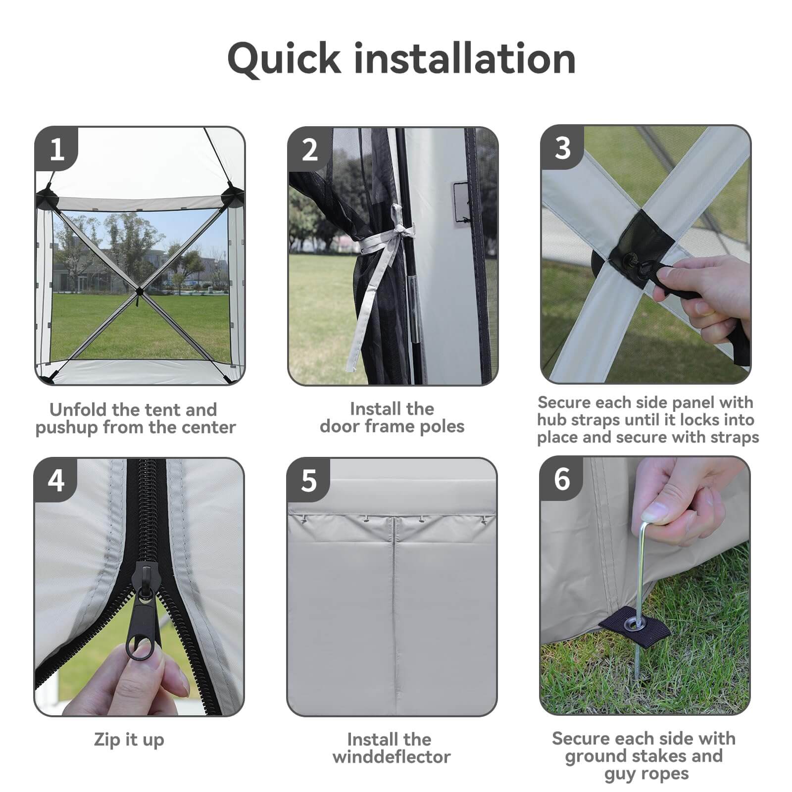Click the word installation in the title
pyautogui.click(x=465, y=58)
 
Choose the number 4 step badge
pyautogui.click(x=56, y=480)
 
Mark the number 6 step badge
pyautogui.click(x=562, y=479)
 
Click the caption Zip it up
pyautogui.click(x=129, y=740)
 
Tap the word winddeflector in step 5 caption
pyautogui.click(x=392, y=757)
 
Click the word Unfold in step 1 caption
pyautogui.click(x=78, y=409)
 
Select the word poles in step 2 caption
pyautogui.click(x=442, y=426)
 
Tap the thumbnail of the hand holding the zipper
pyautogui.click(x=139, y=587)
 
